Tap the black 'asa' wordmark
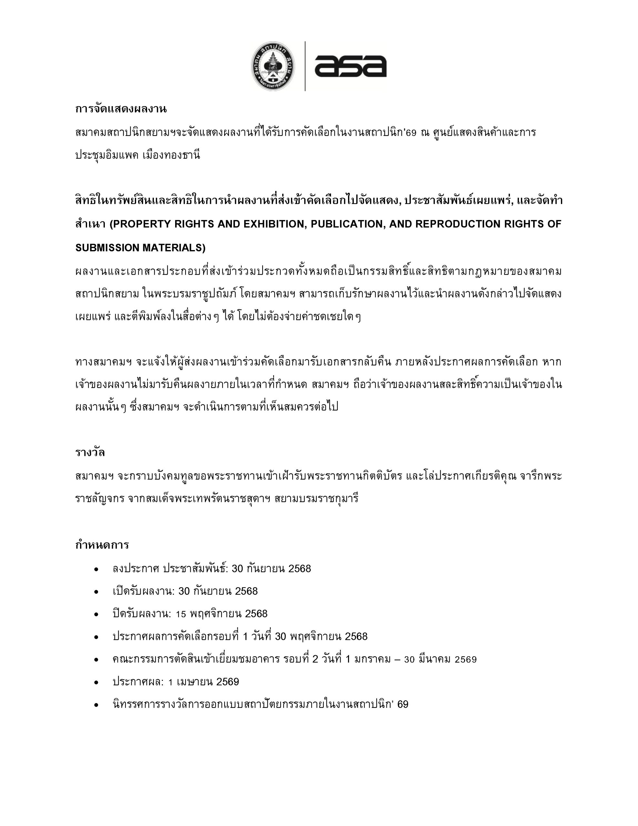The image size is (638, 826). pos(350,67)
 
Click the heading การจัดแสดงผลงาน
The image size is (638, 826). pos(121,109)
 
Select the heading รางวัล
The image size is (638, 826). pos(90,452)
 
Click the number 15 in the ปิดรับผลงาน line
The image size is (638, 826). pos(181,614)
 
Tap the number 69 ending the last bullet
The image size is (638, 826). pos(403,705)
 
